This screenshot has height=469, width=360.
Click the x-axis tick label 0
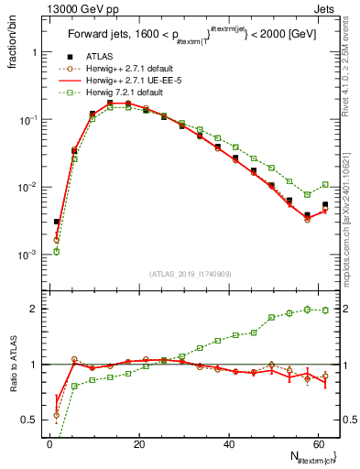coord(50,443)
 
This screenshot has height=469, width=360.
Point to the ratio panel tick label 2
coord(35,309)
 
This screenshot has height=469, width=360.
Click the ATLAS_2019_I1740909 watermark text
coord(191,274)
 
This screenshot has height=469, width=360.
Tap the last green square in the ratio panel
coord(325,310)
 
